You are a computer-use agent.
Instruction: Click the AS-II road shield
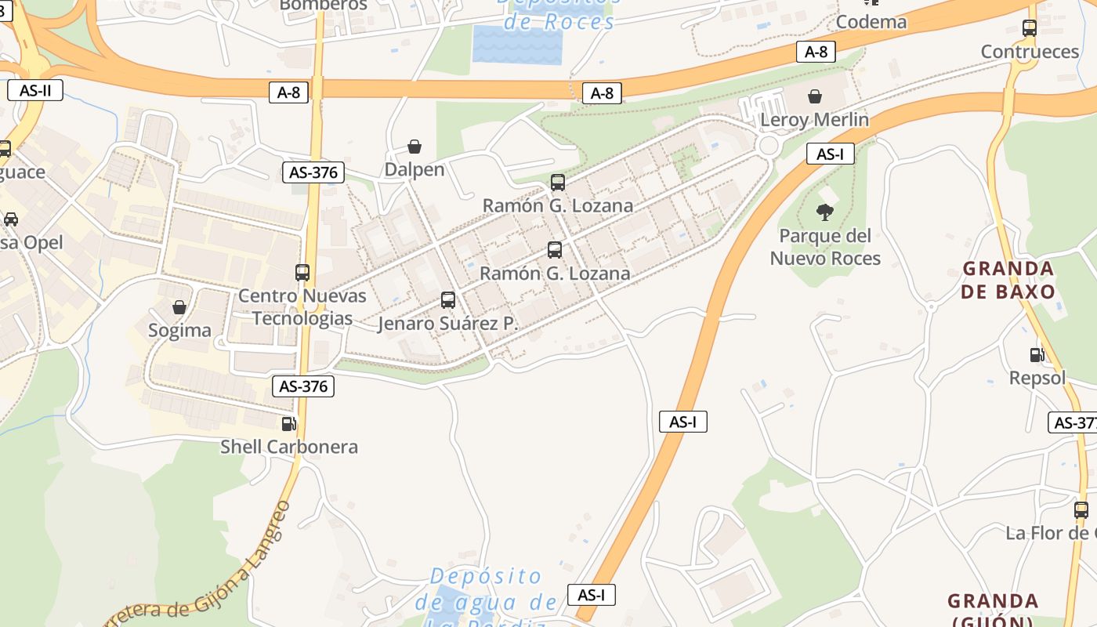[35, 90]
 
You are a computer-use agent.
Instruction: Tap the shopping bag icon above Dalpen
[415, 147]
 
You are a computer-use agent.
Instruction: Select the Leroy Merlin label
[814, 120]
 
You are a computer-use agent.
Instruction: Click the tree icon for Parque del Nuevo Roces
[824, 212]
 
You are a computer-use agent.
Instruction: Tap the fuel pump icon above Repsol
[1037, 355]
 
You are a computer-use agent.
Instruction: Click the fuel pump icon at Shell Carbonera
[289, 424]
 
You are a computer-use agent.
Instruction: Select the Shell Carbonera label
[289, 447]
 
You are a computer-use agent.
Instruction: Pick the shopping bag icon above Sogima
[179, 307]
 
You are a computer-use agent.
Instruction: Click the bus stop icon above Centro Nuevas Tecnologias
[302, 273]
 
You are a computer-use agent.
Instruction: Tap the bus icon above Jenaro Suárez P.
[448, 300]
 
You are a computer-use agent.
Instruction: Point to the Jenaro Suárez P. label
[448, 323]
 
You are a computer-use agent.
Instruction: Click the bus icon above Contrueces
[1030, 28]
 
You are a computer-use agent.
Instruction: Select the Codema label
[871, 22]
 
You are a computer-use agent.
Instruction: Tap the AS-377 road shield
[1073, 422]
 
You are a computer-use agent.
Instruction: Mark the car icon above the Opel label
[11, 219]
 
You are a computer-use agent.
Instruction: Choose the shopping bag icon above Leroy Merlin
[815, 96]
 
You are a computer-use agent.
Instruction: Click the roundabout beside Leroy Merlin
[769, 145]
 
